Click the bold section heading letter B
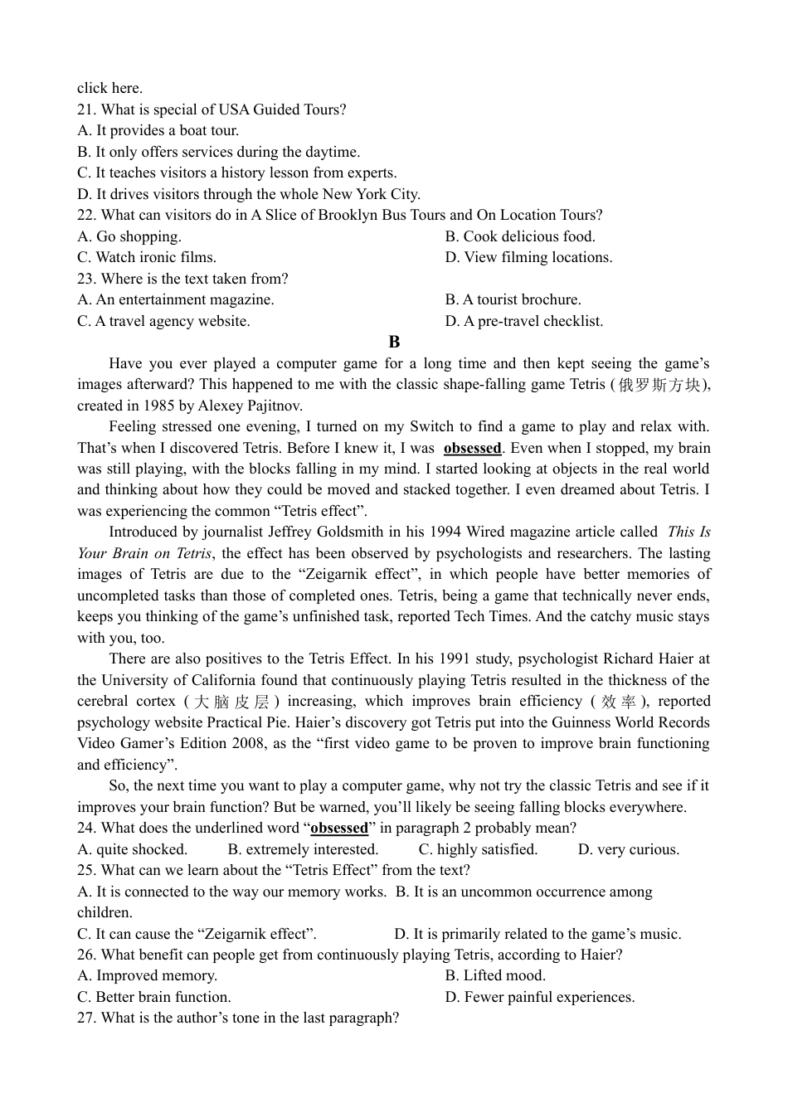coord(394,342)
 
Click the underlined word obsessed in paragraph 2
coord(472,448)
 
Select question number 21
coord(86,109)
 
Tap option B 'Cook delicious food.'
coord(520,236)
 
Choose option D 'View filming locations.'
coord(528,257)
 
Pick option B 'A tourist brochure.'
coord(513,299)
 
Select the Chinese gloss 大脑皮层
coord(231,702)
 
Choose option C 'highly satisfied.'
coord(478,849)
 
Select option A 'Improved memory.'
coord(147,975)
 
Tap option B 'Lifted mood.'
coord(495,975)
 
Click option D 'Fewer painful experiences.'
coord(539,997)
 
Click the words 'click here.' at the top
coord(109,88)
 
